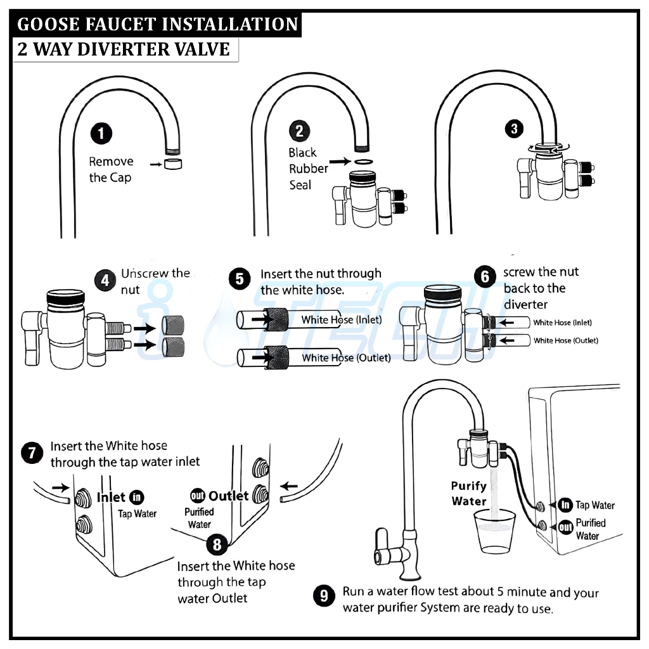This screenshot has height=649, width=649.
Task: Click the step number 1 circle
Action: click(x=101, y=134)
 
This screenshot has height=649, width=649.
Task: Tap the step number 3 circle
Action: click(x=513, y=129)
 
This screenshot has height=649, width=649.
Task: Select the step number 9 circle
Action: click(x=324, y=596)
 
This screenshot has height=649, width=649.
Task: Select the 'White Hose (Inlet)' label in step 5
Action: click(x=342, y=319)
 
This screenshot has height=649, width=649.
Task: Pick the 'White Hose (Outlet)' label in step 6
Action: click(x=565, y=341)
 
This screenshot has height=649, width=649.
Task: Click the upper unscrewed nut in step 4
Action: click(x=172, y=325)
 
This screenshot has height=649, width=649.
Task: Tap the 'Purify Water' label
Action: click(x=469, y=494)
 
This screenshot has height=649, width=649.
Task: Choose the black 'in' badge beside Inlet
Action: click(x=136, y=498)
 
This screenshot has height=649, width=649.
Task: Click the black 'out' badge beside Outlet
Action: click(x=197, y=496)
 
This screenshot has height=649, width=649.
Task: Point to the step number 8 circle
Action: click(x=217, y=544)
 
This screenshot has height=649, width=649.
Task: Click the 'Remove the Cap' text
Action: click(x=110, y=169)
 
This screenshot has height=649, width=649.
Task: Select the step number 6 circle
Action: click(x=485, y=277)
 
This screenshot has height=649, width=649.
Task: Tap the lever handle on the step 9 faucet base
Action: click(x=385, y=544)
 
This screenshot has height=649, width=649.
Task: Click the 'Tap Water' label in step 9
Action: click(x=595, y=505)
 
